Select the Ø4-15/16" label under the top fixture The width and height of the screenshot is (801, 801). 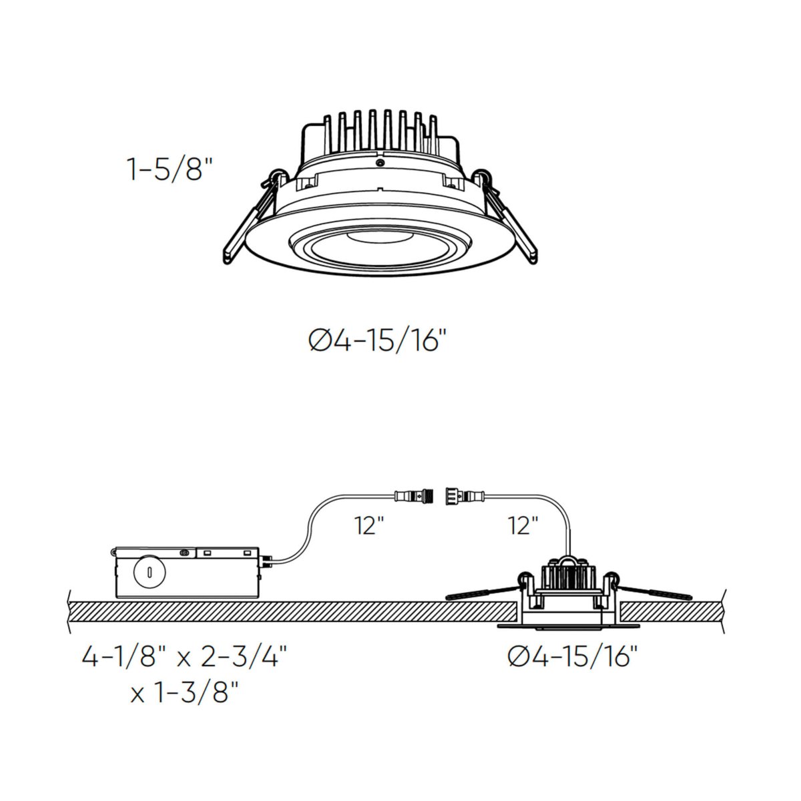click(376, 342)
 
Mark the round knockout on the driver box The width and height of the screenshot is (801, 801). click(148, 572)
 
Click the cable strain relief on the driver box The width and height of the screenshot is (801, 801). click(266, 561)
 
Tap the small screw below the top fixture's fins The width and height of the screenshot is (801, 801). click(380, 163)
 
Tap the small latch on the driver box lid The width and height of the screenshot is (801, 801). click(182, 552)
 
